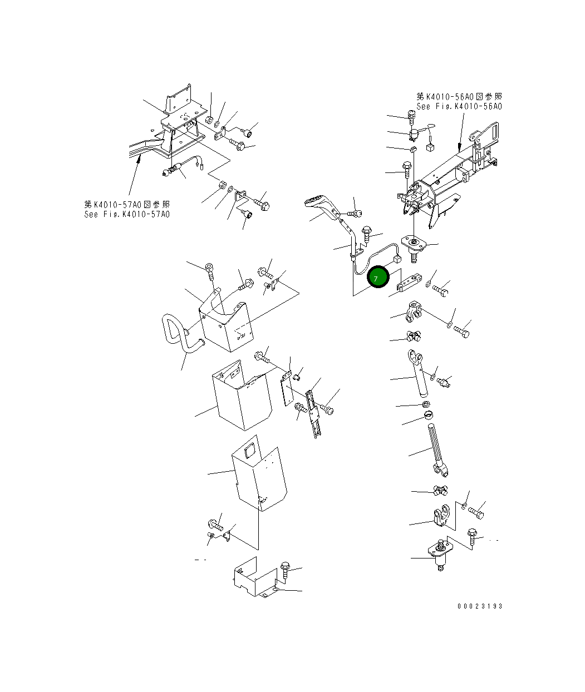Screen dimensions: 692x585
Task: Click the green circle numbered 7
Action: click(x=378, y=278)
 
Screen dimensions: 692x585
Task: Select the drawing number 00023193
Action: click(x=479, y=606)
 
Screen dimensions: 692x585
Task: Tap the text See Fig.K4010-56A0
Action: click(x=459, y=106)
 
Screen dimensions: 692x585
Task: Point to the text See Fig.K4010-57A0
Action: click(x=127, y=214)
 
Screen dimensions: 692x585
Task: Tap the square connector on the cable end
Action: click(x=397, y=259)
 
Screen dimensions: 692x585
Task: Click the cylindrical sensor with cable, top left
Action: click(x=174, y=170)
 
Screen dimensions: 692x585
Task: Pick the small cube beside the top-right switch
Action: click(x=430, y=147)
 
